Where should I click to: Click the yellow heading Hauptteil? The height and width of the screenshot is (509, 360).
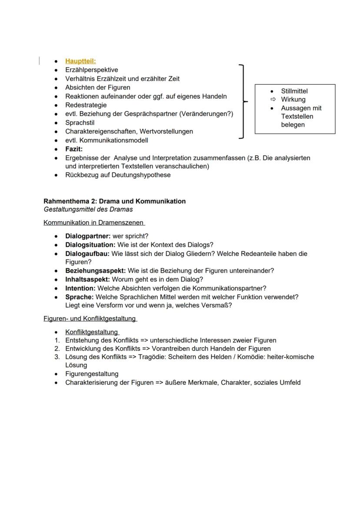click(x=80, y=61)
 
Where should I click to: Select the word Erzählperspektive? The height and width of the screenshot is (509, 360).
click(x=91, y=70)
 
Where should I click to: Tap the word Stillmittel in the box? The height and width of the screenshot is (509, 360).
click(x=294, y=91)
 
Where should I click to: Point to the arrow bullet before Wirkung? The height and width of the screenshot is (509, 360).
click(x=273, y=100)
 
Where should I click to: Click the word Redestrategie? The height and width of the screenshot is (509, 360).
click(x=86, y=105)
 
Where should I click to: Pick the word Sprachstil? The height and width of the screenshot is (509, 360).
click(x=80, y=123)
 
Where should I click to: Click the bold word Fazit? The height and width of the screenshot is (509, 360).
click(x=74, y=149)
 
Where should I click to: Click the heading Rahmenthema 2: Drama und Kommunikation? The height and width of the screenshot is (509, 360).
click(x=114, y=201)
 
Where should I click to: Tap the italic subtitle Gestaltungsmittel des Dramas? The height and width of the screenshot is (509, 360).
click(x=88, y=210)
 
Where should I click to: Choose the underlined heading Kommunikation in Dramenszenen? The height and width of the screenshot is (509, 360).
click(x=93, y=223)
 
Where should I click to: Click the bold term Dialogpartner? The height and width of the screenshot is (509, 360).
click(x=88, y=236)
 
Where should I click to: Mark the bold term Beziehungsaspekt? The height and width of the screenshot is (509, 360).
click(x=96, y=271)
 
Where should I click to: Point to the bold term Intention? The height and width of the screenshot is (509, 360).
click(x=80, y=288)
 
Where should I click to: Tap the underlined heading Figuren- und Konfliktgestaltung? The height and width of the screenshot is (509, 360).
click(x=90, y=319)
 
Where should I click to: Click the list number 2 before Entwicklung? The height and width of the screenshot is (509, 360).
click(x=57, y=349)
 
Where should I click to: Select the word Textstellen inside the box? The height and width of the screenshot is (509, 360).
click(x=297, y=116)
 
